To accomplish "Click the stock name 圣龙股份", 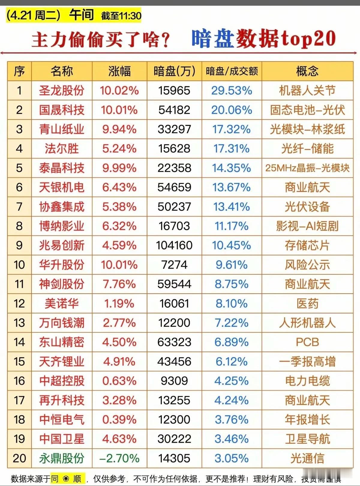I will click(x=61, y=91).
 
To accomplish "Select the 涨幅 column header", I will click(x=119, y=71).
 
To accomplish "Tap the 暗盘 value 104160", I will click(x=174, y=245).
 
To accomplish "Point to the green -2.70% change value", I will click(x=119, y=458).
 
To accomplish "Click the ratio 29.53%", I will click(x=232, y=91).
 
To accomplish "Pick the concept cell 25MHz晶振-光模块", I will click(x=307, y=168).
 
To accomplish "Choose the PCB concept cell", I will click(x=307, y=342).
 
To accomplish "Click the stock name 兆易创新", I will click(x=61, y=245).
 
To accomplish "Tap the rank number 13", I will click(x=19, y=323).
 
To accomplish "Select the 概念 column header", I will click(x=307, y=71).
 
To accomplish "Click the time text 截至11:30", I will click(x=121, y=16).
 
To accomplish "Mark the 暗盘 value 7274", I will click(x=174, y=265).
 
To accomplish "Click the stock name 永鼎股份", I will click(x=61, y=458).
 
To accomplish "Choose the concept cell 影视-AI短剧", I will click(x=307, y=226).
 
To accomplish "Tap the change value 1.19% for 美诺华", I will click(x=119, y=304).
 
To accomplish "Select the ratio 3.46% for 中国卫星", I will click(x=232, y=439).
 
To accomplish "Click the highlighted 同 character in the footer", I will click(x=55, y=478).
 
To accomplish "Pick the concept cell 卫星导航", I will click(x=307, y=439).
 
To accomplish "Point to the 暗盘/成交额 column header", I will click(x=232, y=71).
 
